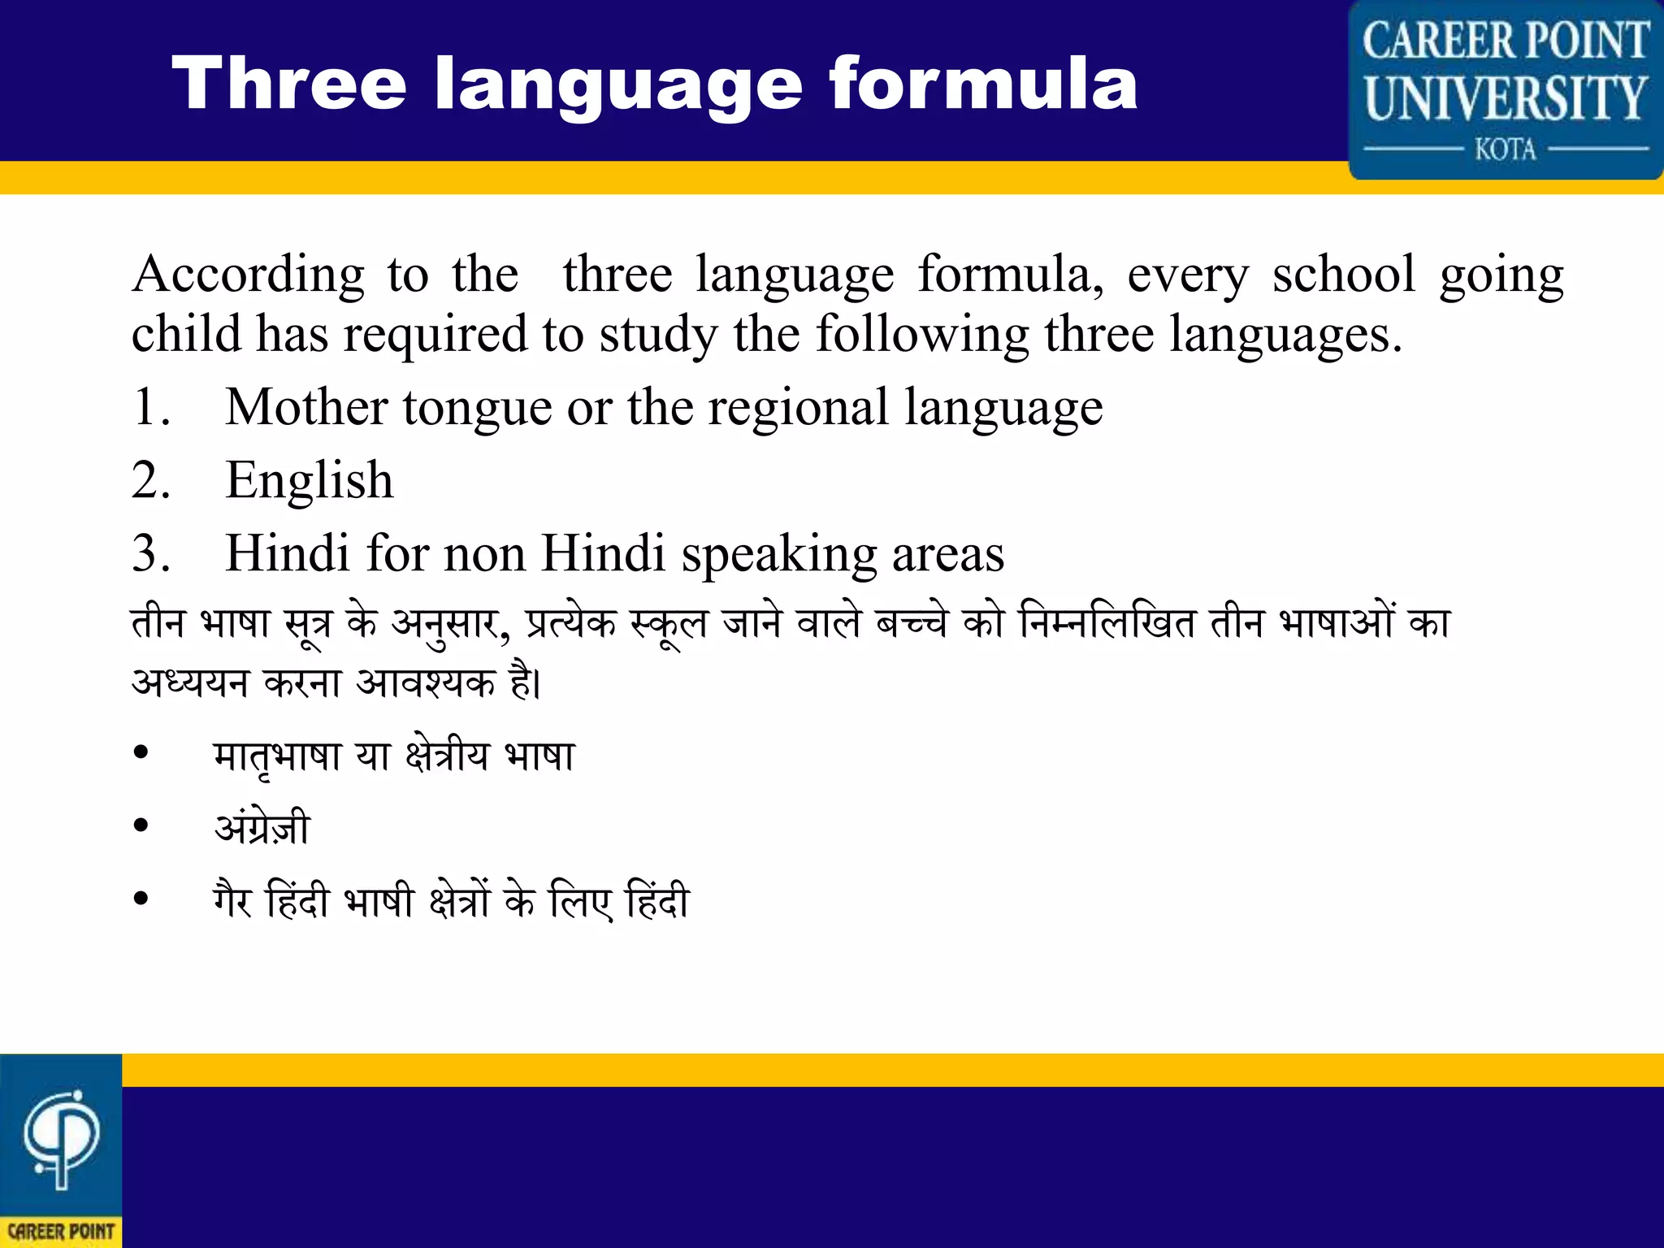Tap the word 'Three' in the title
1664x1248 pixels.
click(x=289, y=84)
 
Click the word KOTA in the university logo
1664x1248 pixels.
click(x=1506, y=149)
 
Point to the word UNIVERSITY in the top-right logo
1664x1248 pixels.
click(x=1506, y=97)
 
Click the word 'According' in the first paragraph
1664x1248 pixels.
click(x=249, y=275)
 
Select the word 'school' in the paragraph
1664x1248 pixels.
click(x=1344, y=275)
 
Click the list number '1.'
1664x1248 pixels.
click(x=151, y=407)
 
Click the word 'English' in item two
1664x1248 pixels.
click(x=310, y=480)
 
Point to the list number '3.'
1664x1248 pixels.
click(x=151, y=554)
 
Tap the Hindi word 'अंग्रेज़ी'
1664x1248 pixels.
click(x=262, y=828)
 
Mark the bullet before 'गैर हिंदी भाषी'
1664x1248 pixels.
click(x=141, y=899)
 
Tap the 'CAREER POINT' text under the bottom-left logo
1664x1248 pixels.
click(x=61, y=1232)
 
